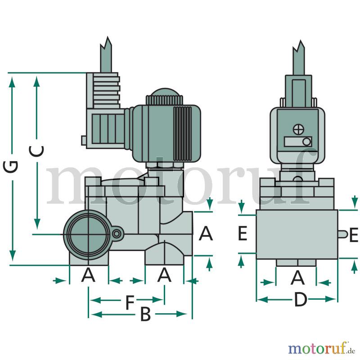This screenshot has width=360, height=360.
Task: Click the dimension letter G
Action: (10, 166)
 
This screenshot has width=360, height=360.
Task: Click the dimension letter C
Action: (36, 151)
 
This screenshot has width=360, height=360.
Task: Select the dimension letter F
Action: (130, 302)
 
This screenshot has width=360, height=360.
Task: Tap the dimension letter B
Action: (145, 314)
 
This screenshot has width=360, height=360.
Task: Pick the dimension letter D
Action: (301, 299)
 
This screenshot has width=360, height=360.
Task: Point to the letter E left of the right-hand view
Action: (243, 233)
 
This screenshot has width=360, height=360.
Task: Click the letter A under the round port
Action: (88, 275)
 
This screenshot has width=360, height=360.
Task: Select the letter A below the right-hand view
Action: (297, 277)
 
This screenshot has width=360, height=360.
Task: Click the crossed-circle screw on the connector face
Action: (298, 130)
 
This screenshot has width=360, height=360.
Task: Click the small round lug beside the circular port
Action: (117, 234)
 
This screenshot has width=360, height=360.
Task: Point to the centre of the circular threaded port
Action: (89, 234)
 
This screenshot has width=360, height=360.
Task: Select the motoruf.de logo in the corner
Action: (321, 348)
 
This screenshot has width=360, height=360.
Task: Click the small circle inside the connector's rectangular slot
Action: (306, 142)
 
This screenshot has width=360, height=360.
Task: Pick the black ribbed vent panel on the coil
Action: (183, 134)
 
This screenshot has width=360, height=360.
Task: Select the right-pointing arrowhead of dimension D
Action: (330, 299)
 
